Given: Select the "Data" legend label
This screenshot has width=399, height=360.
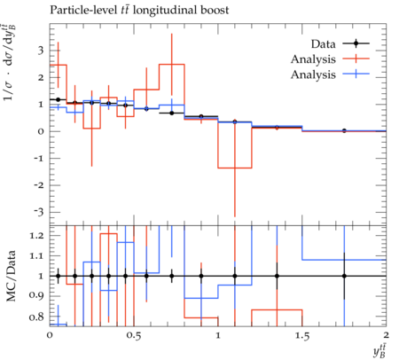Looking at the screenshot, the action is [323, 44].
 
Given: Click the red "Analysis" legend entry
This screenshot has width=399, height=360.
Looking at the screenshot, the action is [313, 59].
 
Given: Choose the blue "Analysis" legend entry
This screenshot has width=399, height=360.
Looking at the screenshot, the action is [313, 74].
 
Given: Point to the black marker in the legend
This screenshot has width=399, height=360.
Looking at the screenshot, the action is [356, 43].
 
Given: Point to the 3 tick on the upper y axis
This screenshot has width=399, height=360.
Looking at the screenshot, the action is [41, 51].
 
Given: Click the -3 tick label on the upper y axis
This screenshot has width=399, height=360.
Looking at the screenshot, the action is [38, 212].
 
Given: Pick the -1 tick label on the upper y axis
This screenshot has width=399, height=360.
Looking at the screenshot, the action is [39, 159].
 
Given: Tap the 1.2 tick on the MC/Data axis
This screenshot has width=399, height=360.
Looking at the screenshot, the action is [36, 236].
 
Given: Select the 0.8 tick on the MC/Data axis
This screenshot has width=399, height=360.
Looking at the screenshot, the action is [36, 317].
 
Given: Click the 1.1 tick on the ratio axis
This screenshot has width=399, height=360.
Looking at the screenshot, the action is [36, 255].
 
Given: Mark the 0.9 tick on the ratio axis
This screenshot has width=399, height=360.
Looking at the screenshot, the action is [36, 295].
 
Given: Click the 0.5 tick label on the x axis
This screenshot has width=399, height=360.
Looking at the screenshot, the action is [134, 335].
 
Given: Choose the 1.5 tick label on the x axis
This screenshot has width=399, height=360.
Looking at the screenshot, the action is [302, 335].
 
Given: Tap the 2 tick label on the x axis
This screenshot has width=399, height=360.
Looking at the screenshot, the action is [386, 335].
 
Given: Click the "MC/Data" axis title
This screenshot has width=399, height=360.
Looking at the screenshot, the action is [11, 276].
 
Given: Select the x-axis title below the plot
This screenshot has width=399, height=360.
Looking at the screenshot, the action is [379, 352].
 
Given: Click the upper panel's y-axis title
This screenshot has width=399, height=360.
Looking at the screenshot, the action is [9, 63].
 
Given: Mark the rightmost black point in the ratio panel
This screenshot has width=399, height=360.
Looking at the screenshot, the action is [344, 276].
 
